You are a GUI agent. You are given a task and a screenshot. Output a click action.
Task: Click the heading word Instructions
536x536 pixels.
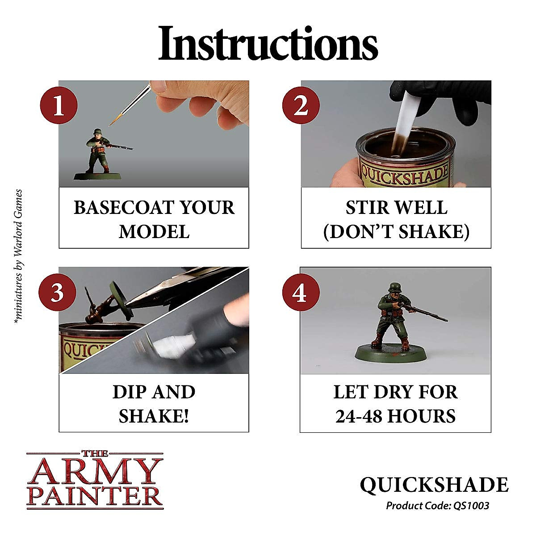click(x=268, y=43)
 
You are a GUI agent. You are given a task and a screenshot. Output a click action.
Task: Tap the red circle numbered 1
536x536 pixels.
click(x=59, y=107)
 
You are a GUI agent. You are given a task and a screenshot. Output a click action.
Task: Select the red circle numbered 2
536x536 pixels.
click(x=301, y=107)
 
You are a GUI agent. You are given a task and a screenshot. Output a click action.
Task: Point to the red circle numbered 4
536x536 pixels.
click(x=301, y=293)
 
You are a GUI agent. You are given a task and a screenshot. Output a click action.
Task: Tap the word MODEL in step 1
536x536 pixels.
click(x=154, y=232)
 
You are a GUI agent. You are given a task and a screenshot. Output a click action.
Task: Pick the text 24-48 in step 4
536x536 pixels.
click(x=358, y=416)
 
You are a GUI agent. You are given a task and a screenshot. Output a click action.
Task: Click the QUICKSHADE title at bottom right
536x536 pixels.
click(x=434, y=486)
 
